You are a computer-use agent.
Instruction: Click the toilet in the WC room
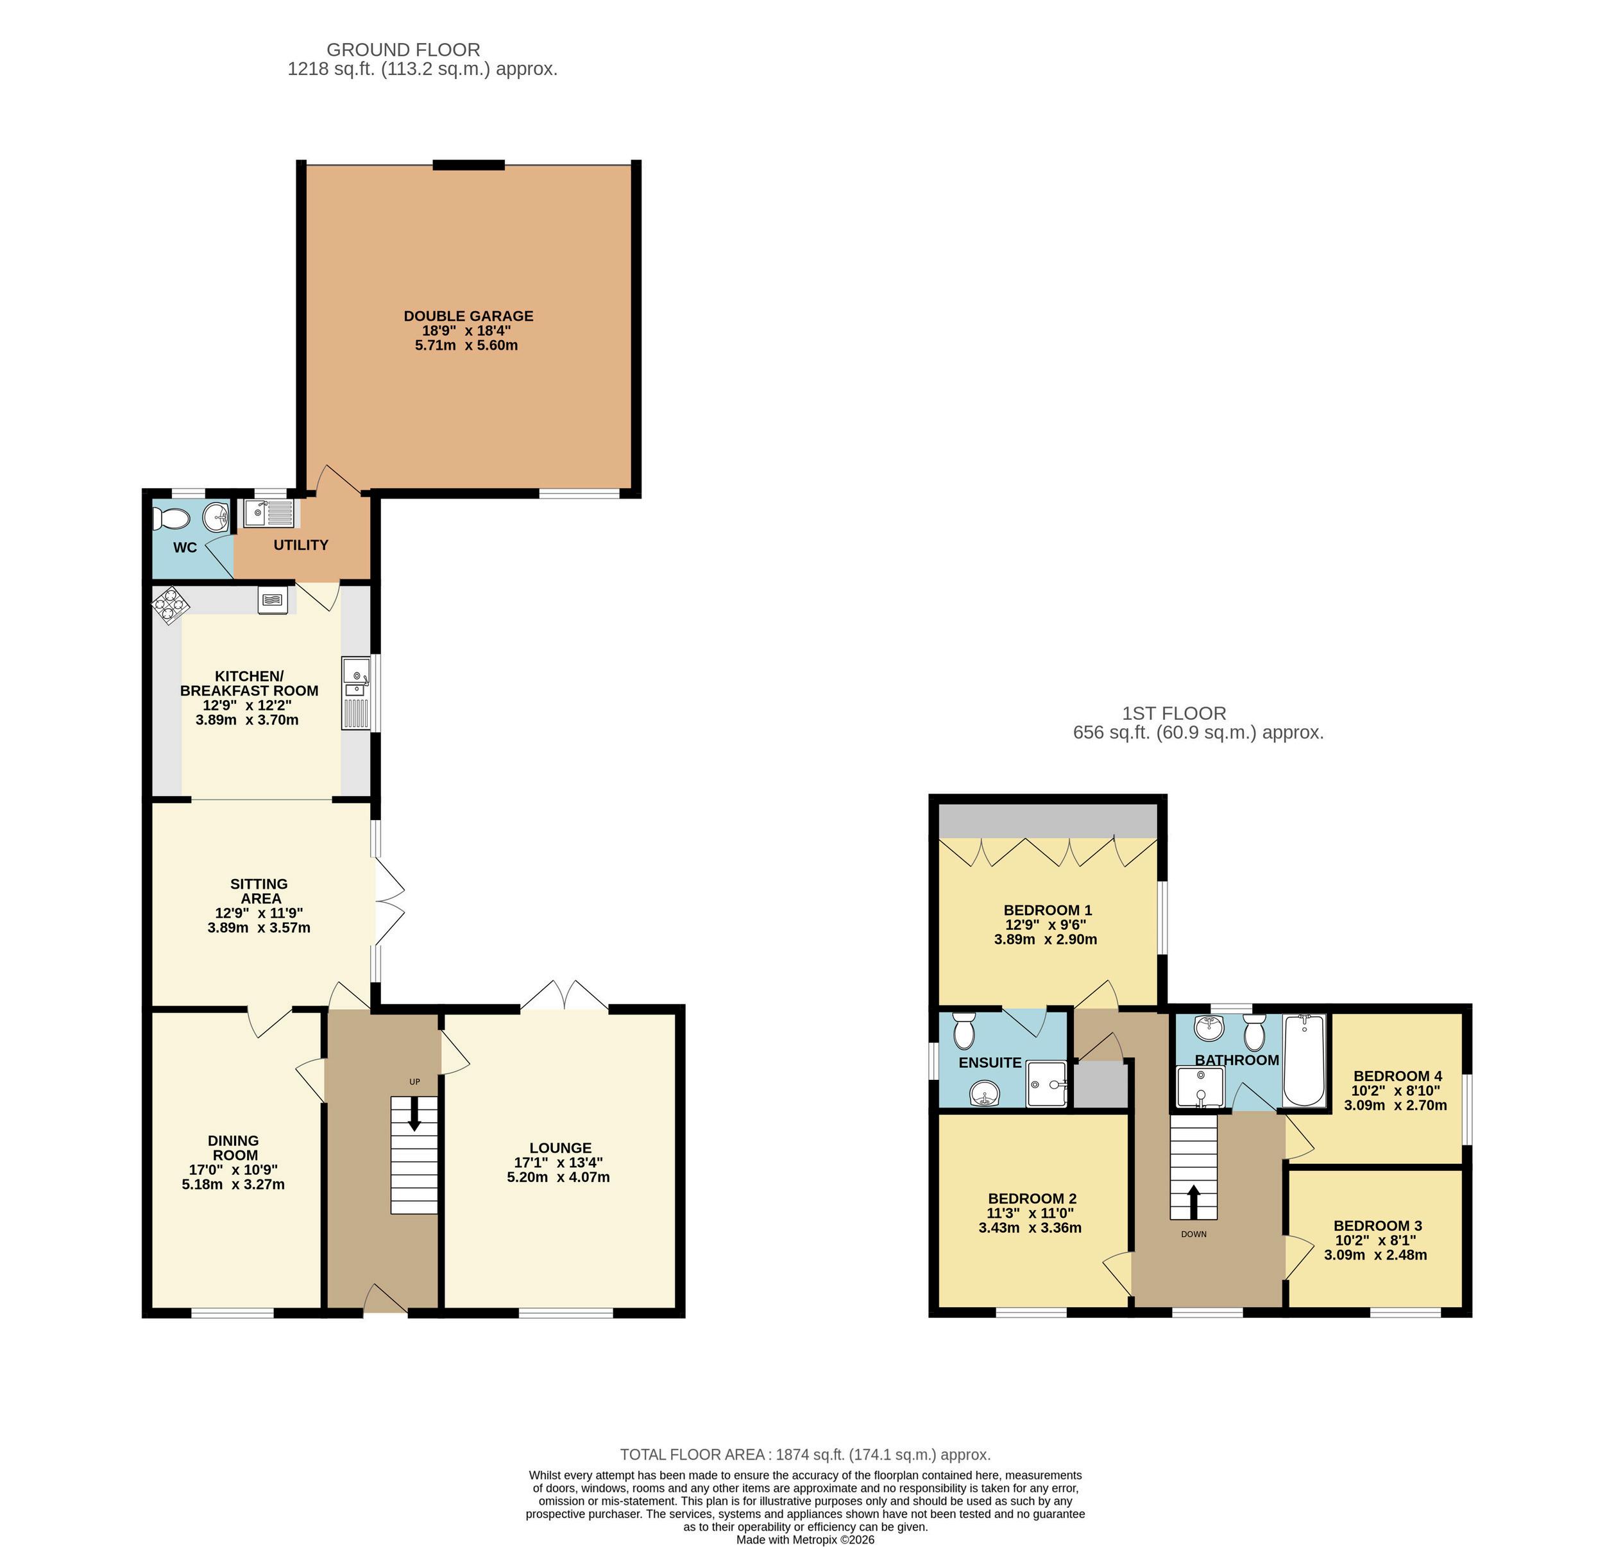[171, 519]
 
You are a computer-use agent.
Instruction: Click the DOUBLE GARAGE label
[468, 316]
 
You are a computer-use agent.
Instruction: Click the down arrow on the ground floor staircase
[413, 1116]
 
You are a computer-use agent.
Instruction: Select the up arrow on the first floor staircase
[1193, 1201]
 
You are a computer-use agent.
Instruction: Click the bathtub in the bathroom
[1304, 1062]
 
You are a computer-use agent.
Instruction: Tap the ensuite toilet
[964, 1030]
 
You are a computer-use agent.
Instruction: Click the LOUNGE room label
[560, 1147]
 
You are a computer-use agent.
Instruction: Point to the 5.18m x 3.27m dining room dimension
[233, 1184]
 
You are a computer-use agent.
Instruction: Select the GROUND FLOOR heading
[403, 50]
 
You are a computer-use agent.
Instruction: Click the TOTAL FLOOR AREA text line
[804, 1455]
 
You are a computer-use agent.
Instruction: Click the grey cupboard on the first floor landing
[1101, 1084]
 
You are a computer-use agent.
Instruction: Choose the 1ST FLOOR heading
[1173, 714]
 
